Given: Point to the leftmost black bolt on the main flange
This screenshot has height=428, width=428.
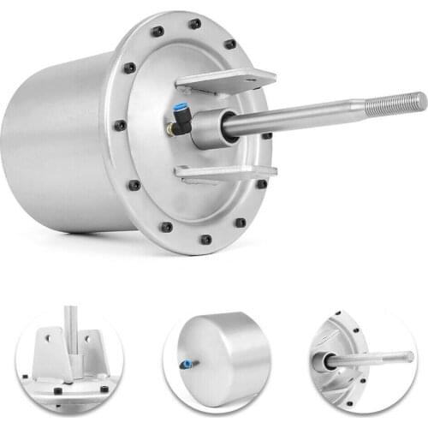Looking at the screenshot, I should click(x=120, y=125).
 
